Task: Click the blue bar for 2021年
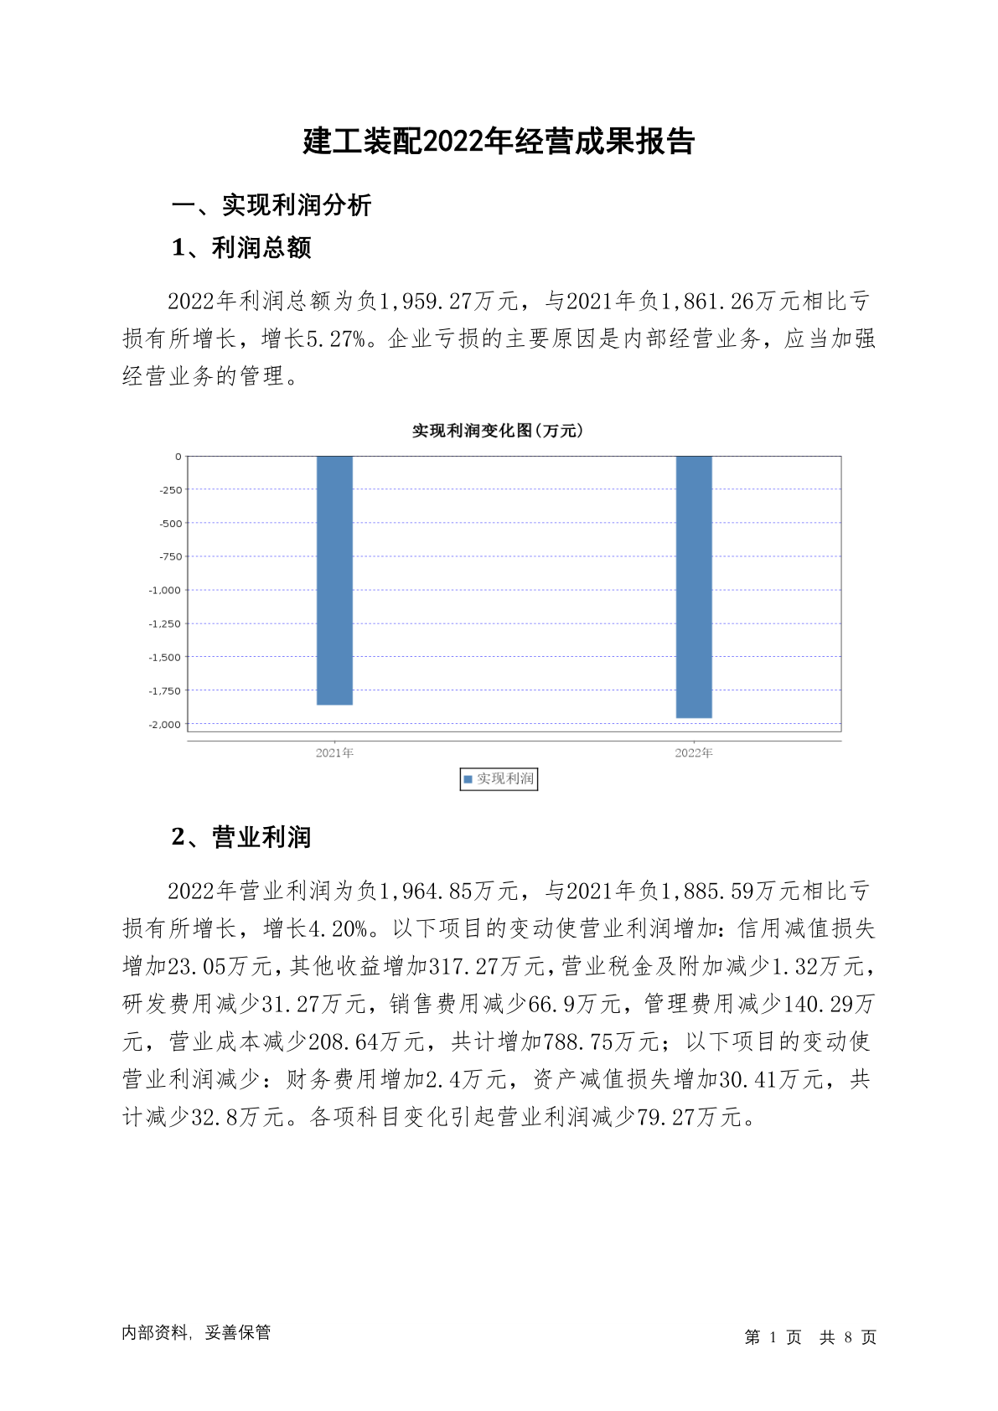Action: [x=334, y=580]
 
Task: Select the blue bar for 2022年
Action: [x=694, y=587]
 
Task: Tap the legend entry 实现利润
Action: [x=499, y=779]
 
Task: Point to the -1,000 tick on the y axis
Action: [x=165, y=590]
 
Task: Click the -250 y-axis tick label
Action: [x=170, y=489]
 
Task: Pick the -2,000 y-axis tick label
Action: [x=165, y=724]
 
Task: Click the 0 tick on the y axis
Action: [x=178, y=457]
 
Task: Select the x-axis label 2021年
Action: [x=334, y=752]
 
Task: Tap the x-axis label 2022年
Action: [x=694, y=752]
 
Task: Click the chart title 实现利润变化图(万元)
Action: [x=498, y=431]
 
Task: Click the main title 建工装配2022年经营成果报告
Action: [x=499, y=142]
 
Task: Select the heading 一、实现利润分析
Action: [x=271, y=205]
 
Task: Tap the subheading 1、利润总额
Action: [x=241, y=248]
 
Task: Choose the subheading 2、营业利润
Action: [x=241, y=837]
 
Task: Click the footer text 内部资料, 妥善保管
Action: [x=196, y=1332]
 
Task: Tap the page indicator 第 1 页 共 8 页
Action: [x=810, y=1337]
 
